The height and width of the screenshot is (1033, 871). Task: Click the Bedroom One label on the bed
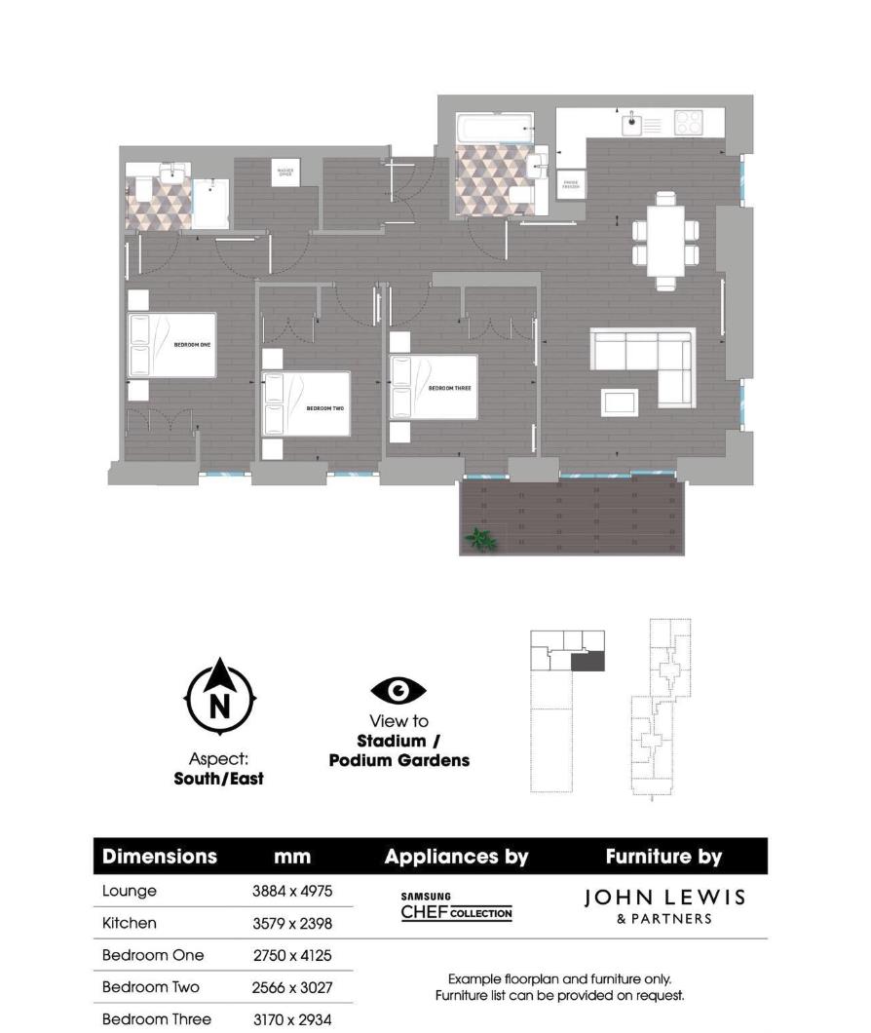pyautogui.click(x=193, y=344)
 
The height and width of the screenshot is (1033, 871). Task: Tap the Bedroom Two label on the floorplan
pyautogui.click(x=325, y=407)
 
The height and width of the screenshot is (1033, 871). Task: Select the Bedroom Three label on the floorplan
pyautogui.click(x=450, y=388)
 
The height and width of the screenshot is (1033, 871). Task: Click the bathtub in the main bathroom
pyautogui.click(x=495, y=128)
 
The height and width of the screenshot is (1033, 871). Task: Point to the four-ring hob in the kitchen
pyautogui.click(x=688, y=122)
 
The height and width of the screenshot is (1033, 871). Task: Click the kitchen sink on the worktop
pyautogui.click(x=633, y=123)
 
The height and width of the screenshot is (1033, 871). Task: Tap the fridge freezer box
pyautogui.click(x=570, y=185)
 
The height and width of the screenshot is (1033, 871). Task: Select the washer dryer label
pyautogui.click(x=284, y=172)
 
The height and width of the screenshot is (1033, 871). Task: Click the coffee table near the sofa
pyautogui.click(x=620, y=401)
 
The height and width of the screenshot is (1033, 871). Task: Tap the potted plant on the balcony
pyautogui.click(x=479, y=538)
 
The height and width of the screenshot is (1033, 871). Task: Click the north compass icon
pyautogui.click(x=220, y=698)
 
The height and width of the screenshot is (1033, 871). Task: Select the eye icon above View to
pyautogui.click(x=398, y=691)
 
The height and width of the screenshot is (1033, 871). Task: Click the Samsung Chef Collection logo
pyautogui.click(x=456, y=907)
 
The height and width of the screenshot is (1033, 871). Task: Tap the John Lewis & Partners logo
pyautogui.click(x=664, y=905)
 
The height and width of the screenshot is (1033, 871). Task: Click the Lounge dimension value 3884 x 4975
pyautogui.click(x=292, y=892)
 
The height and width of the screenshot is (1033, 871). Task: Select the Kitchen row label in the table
pyautogui.click(x=130, y=923)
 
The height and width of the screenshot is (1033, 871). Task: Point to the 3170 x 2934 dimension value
pyautogui.click(x=292, y=1019)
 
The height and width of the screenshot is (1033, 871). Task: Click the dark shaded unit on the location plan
pyautogui.click(x=587, y=662)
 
